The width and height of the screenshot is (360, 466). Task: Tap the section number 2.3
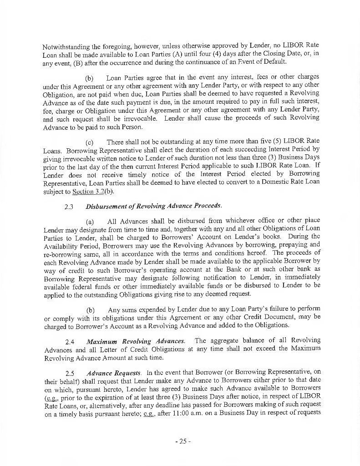coord(69,206)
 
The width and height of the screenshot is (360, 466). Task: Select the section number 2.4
coord(70,341)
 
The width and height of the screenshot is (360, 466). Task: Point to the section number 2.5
coord(70,373)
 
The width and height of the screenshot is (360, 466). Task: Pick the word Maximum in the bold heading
coord(101,341)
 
